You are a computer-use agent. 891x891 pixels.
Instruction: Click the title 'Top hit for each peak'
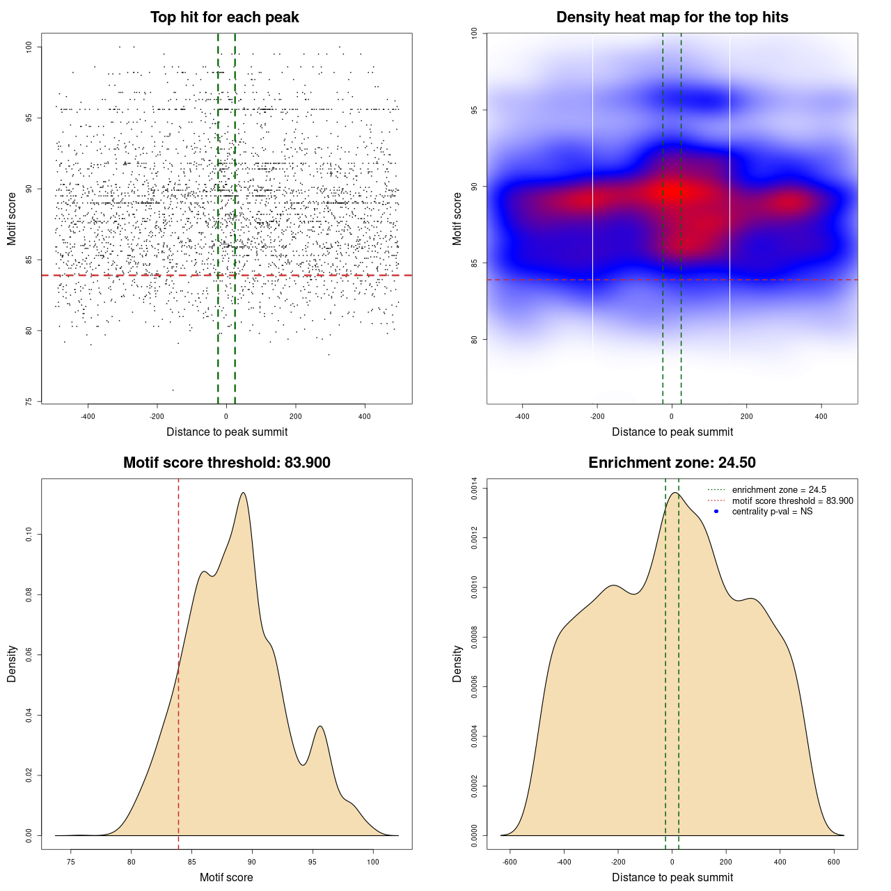[x=224, y=17]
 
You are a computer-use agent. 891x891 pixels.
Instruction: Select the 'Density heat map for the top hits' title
[x=672, y=17]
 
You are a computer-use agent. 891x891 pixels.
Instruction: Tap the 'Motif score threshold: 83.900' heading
[x=226, y=463]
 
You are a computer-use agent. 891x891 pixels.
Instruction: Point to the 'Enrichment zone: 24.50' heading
[x=672, y=463]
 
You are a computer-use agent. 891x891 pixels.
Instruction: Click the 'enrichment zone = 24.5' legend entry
[x=779, y=490]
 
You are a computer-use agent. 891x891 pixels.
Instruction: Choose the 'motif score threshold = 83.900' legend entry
[x=792, y=501]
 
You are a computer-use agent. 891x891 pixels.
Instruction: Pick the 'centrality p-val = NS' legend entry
[x=772, y=512]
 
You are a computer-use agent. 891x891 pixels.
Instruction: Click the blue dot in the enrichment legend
[x=716, y=512]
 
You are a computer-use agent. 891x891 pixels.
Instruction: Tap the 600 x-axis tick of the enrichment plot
[x=834, y=862]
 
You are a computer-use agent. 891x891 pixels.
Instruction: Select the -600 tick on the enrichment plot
[x=510, y=862]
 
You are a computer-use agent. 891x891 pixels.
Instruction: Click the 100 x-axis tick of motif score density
[x=373, y=862]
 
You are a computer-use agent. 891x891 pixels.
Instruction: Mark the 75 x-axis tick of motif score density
[x=70, y=862]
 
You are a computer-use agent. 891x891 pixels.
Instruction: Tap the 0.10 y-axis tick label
[x=29, y=535]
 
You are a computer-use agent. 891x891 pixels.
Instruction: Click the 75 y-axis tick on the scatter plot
[x=29, y=402]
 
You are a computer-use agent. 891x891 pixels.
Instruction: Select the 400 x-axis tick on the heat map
[x=821, y=416]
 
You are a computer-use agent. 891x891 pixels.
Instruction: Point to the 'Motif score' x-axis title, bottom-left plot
[x=226, y=878]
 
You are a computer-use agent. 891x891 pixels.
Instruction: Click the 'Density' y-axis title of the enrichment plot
[x=457, y=663]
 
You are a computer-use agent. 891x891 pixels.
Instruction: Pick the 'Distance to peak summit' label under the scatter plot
[x=227, y=432]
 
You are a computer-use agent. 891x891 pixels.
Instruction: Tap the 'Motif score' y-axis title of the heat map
[x=457, y=219]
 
